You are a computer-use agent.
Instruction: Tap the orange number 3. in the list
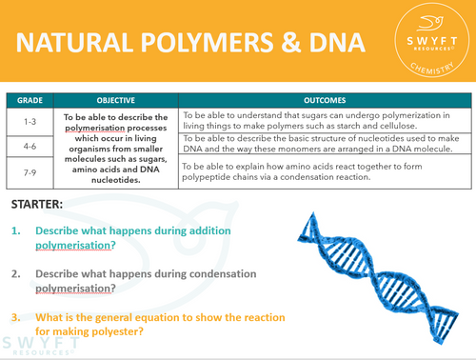pyautogui.click(x=16, y=317)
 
